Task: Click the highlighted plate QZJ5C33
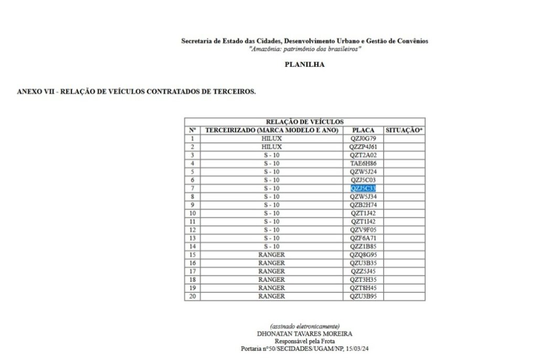click(x=363, y=188)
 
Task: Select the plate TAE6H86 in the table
click(x=363, y=163)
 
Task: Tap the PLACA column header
click(x=363, y=130)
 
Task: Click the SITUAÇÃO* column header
click(x=404, y=130)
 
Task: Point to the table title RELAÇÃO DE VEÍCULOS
click(x=305, y=122)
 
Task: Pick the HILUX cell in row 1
click(x=272, y=138)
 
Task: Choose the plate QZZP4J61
click(x=363, y=146)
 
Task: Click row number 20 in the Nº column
click(x=192, y=296)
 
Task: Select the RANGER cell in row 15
click(x=272, y=255)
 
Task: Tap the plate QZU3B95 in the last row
click(x=363, y=296)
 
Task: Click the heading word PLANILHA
click(x=305, y=65)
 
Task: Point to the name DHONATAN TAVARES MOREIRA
click(x=305, y=333)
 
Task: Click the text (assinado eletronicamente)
click(x=305, y=326)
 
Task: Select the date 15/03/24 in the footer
click(x=364, y=348)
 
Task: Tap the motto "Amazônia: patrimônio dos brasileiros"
click(x=305, y=48)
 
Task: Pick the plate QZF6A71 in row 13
click(x=363, y=238)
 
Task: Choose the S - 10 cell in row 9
click(x=272, y=205)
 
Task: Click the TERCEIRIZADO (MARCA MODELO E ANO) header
click(x=272, y=130)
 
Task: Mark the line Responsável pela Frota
click(x=305, y=341)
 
